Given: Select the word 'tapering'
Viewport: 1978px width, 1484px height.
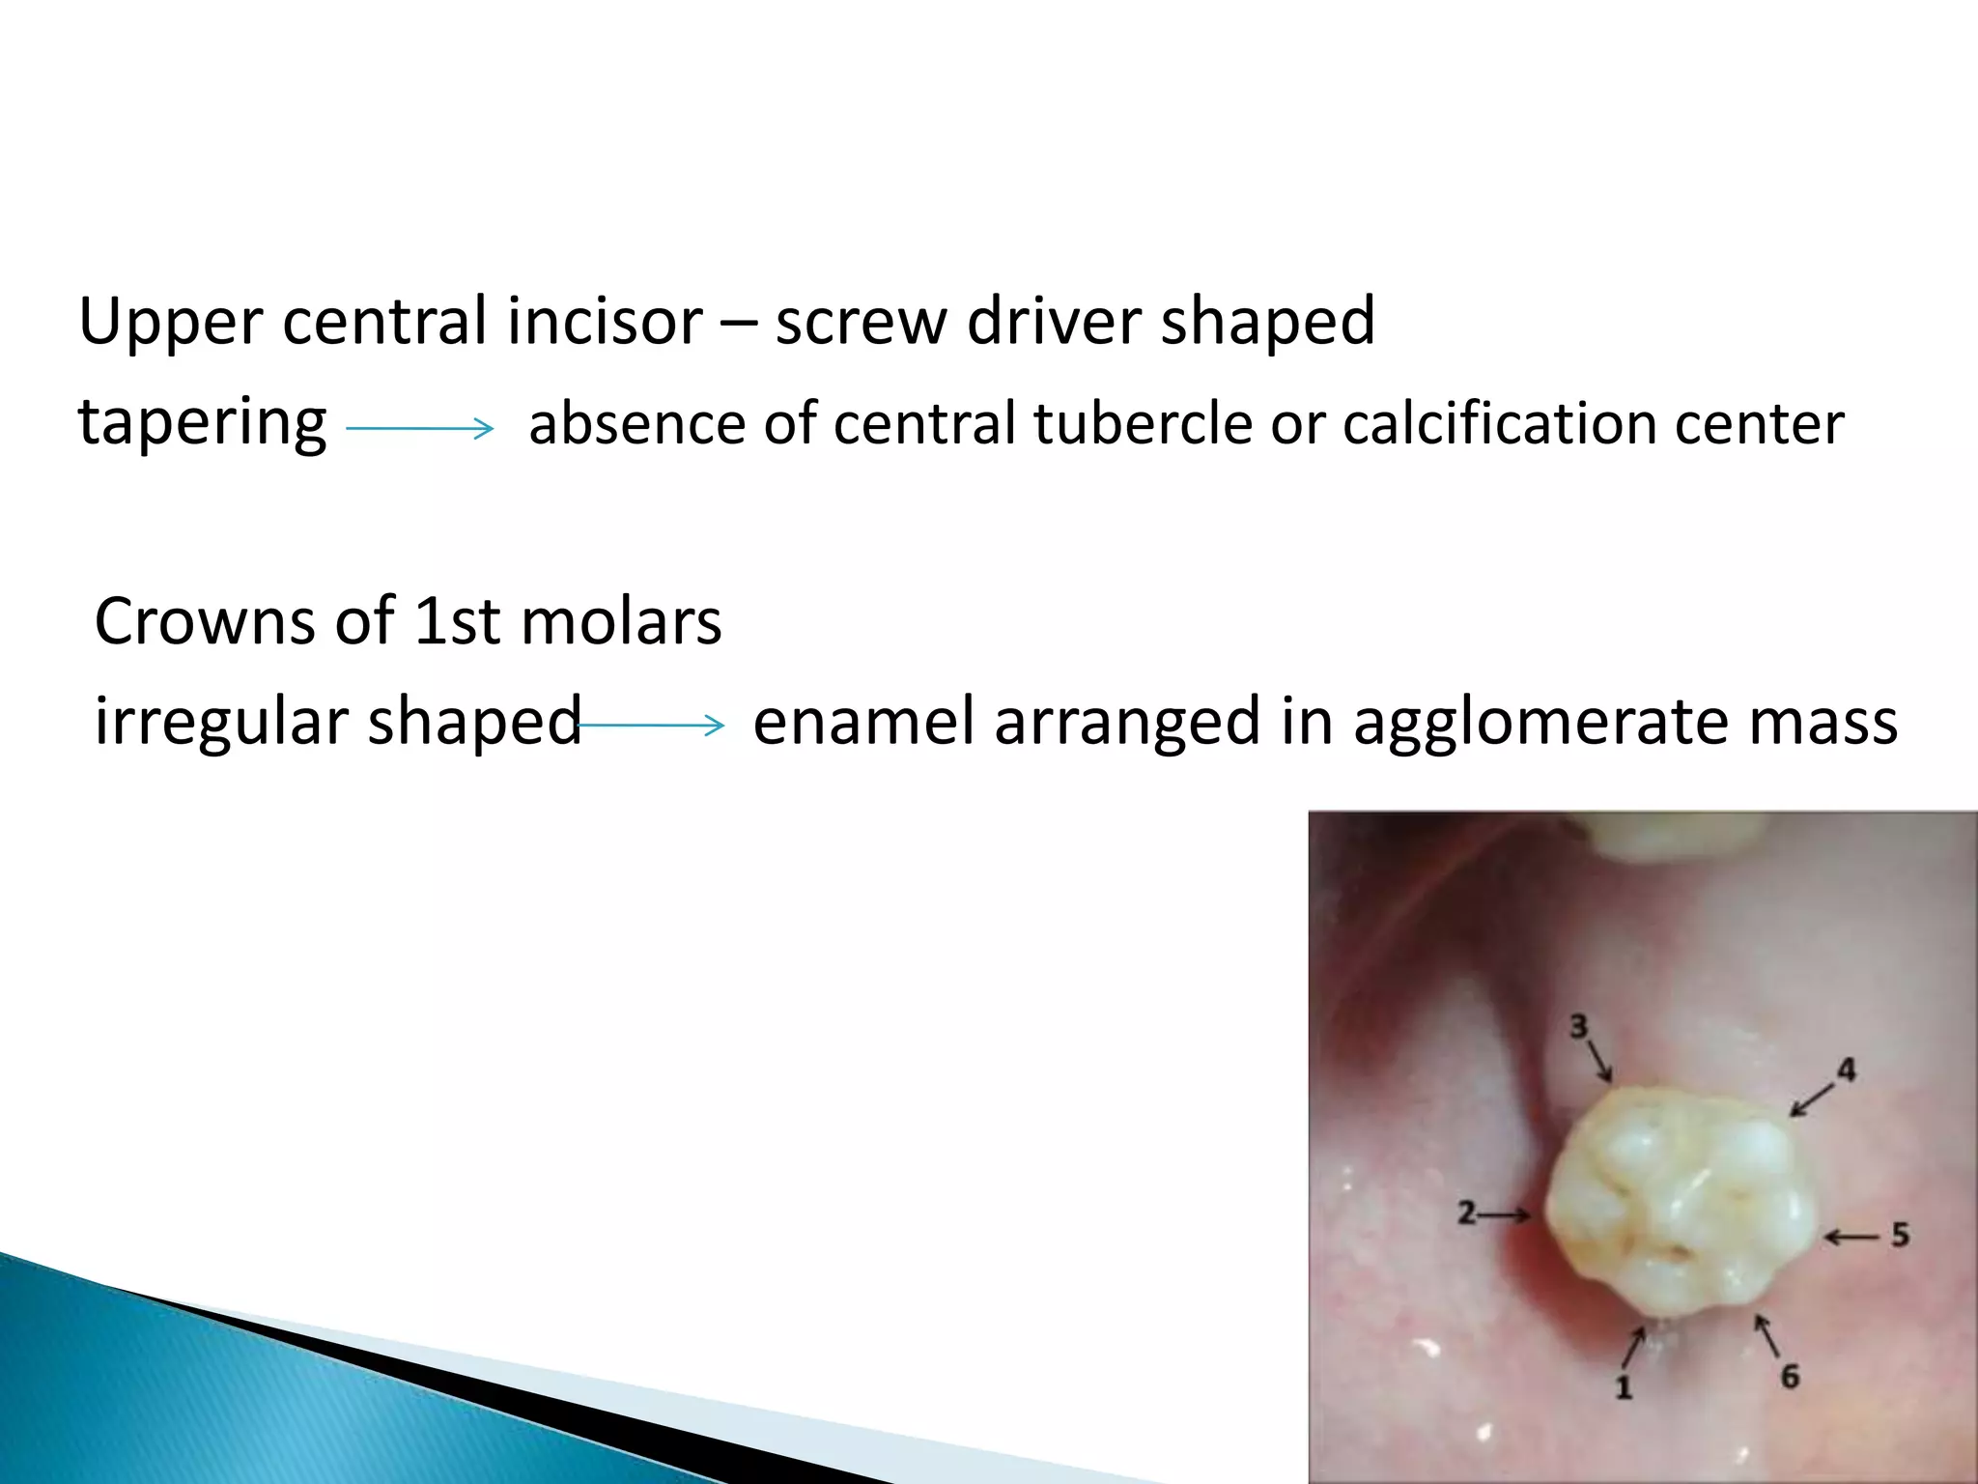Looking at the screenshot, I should [202, 423].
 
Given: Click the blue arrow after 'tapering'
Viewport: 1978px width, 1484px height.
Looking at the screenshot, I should [419, 427].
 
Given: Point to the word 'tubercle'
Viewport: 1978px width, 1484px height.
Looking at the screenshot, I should [1143, 423].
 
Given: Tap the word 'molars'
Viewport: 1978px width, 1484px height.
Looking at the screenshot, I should [621, 620].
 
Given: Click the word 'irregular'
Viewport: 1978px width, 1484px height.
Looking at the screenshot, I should [221, 721].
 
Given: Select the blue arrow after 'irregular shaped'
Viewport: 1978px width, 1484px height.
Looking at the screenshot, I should [651, 725].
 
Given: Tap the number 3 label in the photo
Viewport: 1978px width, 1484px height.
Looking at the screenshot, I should [1578, 1026].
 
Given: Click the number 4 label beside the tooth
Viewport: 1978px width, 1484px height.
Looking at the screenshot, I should [1846, 1070].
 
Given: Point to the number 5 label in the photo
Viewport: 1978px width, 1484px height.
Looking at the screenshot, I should [1900, 1235].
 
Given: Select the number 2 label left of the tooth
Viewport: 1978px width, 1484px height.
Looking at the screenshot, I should [1467, 1213].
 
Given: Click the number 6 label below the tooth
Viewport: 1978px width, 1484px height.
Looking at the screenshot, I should [1790, 1376].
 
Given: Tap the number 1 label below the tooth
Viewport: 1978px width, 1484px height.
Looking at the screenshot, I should [1624, 1387].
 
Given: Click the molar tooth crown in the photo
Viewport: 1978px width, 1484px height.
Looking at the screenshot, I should [1676, 1208].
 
